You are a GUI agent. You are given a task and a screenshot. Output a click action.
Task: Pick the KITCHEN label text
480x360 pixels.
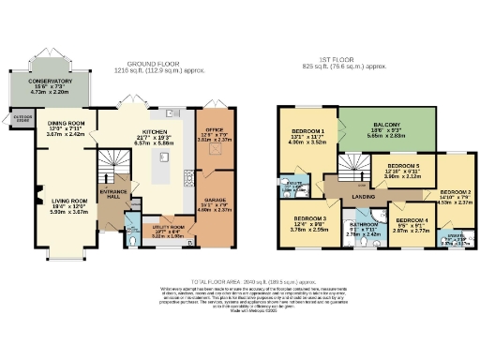pos(156,131)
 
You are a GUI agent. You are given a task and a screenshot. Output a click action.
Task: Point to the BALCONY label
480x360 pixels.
pos(386,124)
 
